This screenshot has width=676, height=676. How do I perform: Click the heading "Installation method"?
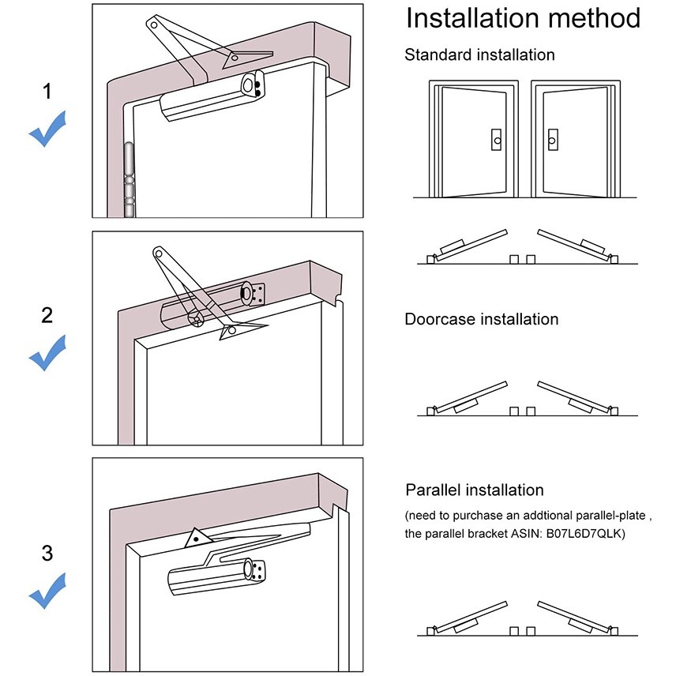click(523, 18)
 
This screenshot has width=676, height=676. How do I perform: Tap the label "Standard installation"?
click(479, 55)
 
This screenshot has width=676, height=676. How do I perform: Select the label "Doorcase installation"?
click(481, 320)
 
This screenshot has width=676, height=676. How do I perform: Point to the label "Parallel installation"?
click(474, 490)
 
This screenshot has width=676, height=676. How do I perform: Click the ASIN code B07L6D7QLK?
click(583, 535)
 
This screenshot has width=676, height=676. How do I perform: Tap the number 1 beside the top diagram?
click(47, 92)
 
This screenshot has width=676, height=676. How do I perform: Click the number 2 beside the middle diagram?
click(47, 315)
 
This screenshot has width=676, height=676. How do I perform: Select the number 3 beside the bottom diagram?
click(47, 554)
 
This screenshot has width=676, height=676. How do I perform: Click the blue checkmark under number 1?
click(47, 130)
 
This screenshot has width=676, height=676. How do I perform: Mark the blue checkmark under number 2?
click(47, 354)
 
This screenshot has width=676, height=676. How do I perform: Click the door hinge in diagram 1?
click(128, 180)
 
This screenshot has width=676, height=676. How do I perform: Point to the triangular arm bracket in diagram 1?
click(237, 58)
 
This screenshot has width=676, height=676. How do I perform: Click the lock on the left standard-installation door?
click(495, 140)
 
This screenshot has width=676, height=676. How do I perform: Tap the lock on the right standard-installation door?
click(551, 140)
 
